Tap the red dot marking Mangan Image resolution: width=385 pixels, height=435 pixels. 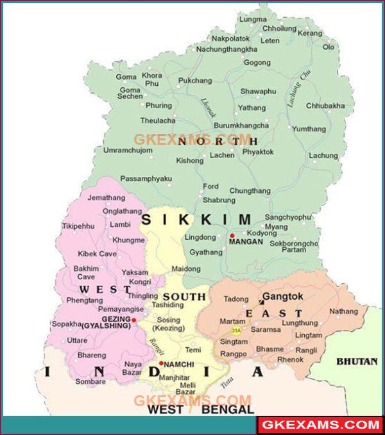point(232,236)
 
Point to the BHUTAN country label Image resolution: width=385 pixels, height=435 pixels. point(357,361)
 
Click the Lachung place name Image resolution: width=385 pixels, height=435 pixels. point(323,156)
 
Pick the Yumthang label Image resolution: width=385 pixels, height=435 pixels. point(309,129)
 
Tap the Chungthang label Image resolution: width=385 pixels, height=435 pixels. point(250,191)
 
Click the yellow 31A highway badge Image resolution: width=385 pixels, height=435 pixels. point(236,331)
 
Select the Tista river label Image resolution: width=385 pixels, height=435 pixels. point(227,383)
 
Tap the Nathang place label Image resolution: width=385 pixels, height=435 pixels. point(343,311)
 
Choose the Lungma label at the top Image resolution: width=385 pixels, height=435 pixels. point(252,20)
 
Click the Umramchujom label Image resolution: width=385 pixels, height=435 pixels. point(128,151)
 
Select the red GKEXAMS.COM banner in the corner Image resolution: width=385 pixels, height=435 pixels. point(319,425)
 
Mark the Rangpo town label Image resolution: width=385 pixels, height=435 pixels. point(234,354)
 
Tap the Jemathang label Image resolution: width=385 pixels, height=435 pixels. point(106,199)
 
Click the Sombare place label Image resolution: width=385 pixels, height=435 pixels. point(90,382)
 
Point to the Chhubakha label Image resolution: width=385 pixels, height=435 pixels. point(325,106)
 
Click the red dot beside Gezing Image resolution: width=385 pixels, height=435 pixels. point(134,319)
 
